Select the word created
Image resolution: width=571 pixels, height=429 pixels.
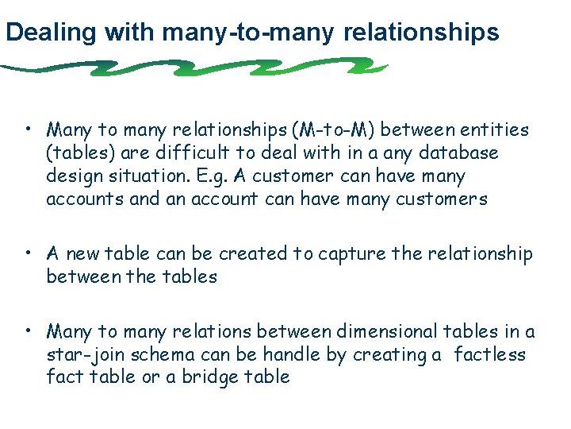pos(253,253)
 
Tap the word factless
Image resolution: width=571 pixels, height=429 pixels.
pos(490,354)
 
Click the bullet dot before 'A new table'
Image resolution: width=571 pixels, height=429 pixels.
pos(28,253)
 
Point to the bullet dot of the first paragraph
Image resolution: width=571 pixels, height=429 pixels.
pos(28,128)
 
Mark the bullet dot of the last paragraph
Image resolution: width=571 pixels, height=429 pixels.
pos(28,330)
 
